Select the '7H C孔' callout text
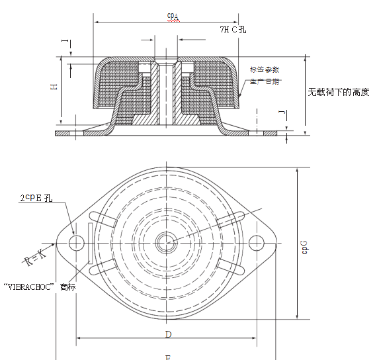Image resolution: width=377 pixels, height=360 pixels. pyautogui.click(x=233, y=30)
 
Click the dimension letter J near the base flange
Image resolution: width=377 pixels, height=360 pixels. pyautogui.click(x=282, y=113)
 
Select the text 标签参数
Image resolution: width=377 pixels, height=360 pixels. pyautogui.click(x=265, y=69)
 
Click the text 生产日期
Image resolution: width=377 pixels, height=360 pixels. pyautogui.click(x=265, y=81)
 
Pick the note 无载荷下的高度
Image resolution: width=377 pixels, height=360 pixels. pyautogui.click(x=338, y=92)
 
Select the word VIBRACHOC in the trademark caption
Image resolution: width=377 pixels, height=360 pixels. pyautogui.click(x=29, y=287)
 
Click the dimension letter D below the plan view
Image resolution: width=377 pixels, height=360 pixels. pyautogui.click(x=168, y=334)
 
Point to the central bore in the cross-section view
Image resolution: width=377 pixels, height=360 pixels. pyautogui.click(x=164, y=96)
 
